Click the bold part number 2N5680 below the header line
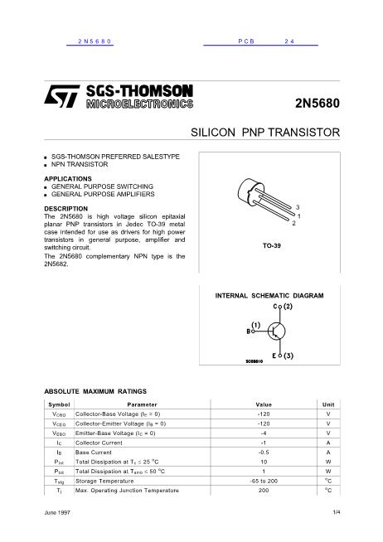click(x=318, y=104)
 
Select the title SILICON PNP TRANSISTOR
click(x=266, y=133)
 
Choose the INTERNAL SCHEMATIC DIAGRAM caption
click(x=269, y=296)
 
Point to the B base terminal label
click(x=249, y=331)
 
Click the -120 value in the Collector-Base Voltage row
click(x=264, y=414)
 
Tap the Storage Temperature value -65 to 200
click(x=264, y=481)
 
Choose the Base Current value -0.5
click(x=264, y=452)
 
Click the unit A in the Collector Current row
click(x=328, y=443)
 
